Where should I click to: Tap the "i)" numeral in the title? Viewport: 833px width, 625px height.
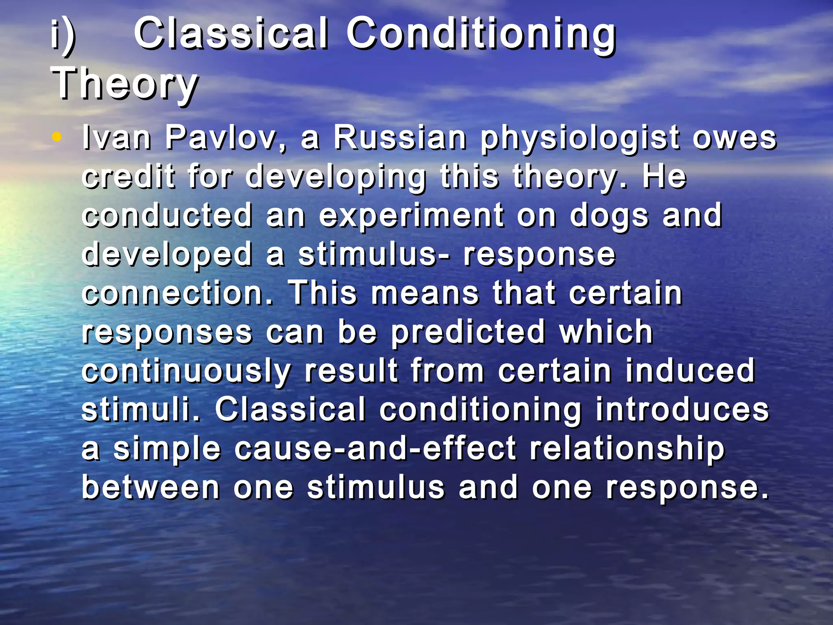coord(63,36)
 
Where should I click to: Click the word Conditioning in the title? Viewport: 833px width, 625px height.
coord(481,36)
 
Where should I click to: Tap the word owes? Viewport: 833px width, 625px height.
coord(735,138)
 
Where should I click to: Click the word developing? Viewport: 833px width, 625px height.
coord(336,178)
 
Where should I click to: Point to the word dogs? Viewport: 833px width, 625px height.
coord(609,216)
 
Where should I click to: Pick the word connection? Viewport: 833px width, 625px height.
coord(177,293)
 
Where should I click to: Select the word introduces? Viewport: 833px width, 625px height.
coord(682,409)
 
